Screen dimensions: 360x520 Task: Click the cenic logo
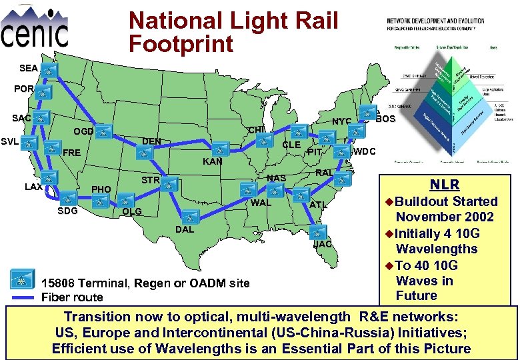[x=35, y=27]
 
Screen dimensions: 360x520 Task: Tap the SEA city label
[x=29, y=68]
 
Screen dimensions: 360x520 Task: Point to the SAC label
[x=21, y=118]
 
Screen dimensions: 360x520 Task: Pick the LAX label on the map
[x=33, y=187]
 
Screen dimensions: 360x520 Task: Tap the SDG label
[x=67, y=211]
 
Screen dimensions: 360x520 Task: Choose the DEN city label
[x=151, y=141]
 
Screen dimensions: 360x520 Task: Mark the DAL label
[x=185, y=229]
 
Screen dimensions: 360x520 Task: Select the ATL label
[x=318, y=205]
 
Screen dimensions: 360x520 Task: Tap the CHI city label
[x=257, y=129]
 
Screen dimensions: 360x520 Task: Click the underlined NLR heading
[x=443, y=185]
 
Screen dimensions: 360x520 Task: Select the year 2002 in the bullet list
[x=494, y=217]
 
